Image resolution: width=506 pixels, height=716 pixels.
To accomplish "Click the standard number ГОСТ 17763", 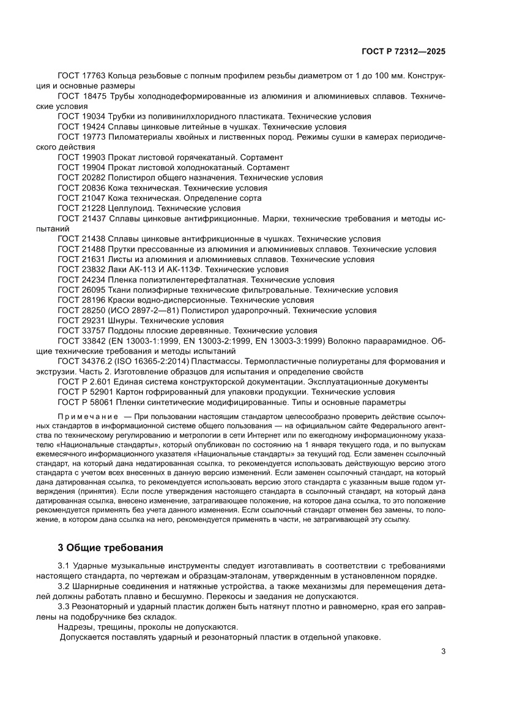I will click(82, 75).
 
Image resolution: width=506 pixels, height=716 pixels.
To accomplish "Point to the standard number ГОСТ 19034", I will click(82, 116).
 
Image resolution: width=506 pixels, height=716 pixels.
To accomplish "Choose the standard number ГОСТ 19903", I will click(82, 157).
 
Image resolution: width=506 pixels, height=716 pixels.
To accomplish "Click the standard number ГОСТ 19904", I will click(82, 167).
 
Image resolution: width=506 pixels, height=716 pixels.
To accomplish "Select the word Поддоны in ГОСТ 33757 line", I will click(127, 330).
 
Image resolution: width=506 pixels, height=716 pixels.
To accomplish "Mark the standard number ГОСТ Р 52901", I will click(86, 392).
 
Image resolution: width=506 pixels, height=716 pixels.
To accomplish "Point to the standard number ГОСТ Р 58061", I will click(86, 402).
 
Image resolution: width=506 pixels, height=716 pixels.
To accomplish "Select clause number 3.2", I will click(64, 586).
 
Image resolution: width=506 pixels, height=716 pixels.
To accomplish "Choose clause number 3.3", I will click(64, 606).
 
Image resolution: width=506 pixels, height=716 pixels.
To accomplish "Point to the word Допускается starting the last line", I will click(84, 637).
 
